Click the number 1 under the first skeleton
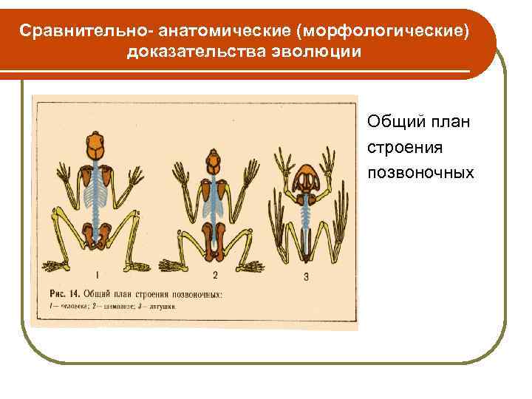[98, 275]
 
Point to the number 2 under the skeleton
[215, 276]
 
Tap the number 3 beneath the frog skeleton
[306, 278]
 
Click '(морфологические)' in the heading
[387, 32]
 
